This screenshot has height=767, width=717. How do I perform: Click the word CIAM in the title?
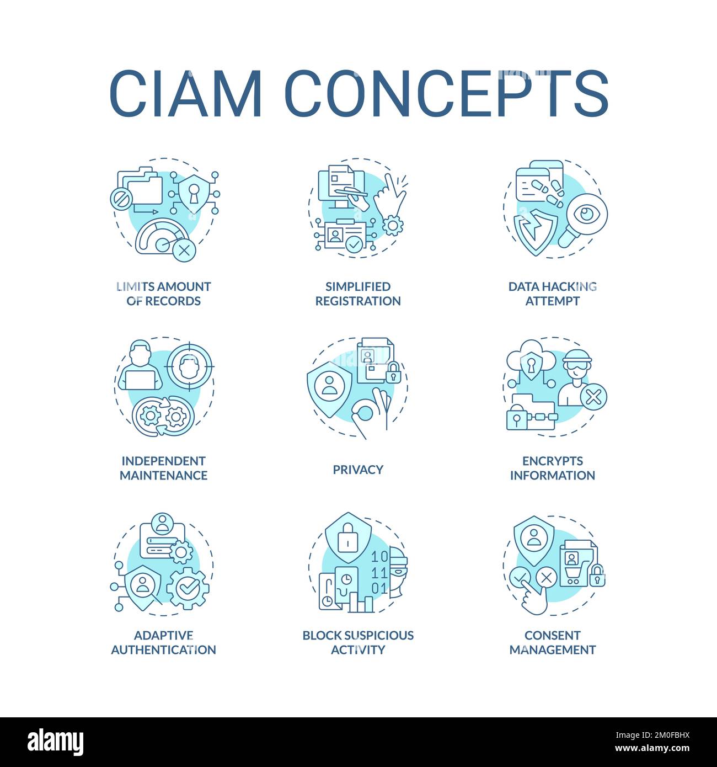[185, 93]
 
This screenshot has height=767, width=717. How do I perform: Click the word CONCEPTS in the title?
[446, 93]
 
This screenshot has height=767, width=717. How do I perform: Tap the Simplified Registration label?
[358, 294]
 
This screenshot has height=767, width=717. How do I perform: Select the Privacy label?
[358, 470]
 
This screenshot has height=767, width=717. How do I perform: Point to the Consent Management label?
[552, 642]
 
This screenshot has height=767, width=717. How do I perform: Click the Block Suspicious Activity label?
[358, 642]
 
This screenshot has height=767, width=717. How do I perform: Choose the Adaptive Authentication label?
[163, 642]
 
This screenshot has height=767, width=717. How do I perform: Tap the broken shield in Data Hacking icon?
[532, 231]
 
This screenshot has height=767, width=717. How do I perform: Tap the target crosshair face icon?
[190, 365]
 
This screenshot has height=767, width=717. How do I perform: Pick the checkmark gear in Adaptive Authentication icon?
[188, 588]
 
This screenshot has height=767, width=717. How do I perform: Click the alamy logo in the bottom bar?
[55, 742]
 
